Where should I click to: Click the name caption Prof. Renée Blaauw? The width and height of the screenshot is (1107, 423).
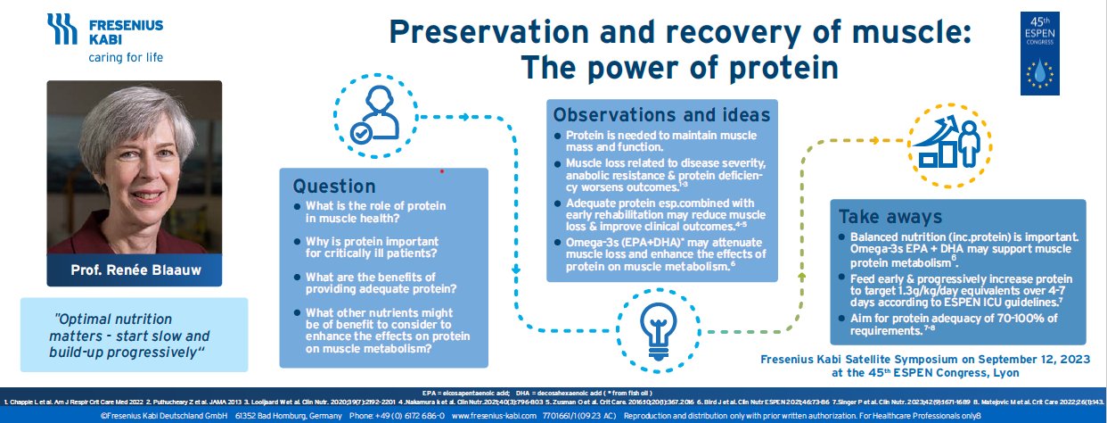134,270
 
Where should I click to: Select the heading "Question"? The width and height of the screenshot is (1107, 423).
323,187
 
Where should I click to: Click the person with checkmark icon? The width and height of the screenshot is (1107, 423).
373,114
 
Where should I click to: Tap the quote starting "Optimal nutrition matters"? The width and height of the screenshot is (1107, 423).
129,335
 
